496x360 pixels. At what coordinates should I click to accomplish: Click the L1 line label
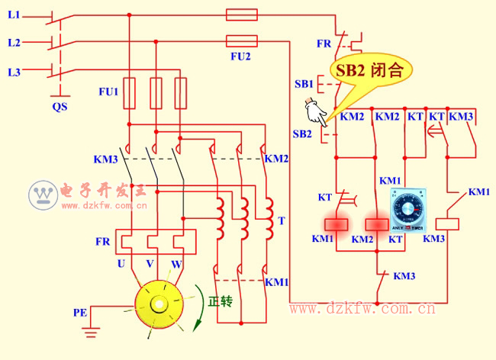14,15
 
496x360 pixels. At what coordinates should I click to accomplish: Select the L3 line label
14,72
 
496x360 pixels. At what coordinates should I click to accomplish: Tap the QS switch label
60,107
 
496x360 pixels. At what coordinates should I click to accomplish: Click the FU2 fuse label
240,56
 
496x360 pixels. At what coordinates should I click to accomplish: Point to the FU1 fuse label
108,92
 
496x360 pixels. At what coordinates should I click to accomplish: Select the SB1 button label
304,83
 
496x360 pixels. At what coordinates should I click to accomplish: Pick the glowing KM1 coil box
337,224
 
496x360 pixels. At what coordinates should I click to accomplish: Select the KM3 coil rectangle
446,223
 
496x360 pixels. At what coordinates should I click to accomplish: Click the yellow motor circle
159,303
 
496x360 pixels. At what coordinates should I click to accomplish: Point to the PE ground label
80,312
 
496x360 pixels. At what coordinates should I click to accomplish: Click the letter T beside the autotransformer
282,221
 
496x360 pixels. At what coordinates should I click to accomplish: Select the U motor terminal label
121,264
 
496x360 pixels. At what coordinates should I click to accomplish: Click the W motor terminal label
176,264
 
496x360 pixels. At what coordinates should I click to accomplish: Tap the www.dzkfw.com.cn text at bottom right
362,309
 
